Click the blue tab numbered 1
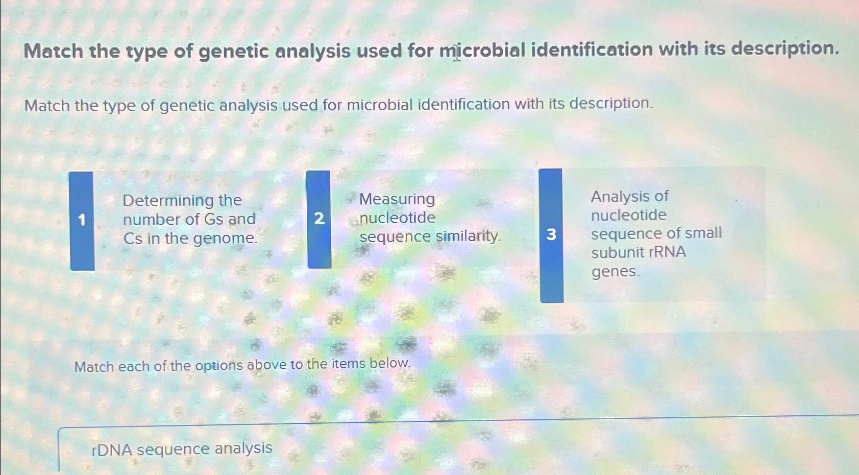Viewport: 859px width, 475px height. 82,221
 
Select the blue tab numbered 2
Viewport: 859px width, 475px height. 319,219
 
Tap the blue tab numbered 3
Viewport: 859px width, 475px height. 551,235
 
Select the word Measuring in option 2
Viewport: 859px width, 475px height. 397,199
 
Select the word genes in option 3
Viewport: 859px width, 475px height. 615,271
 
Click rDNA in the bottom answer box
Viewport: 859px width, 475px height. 112,449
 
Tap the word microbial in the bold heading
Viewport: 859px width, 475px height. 482,50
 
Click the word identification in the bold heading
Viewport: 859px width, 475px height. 592,50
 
